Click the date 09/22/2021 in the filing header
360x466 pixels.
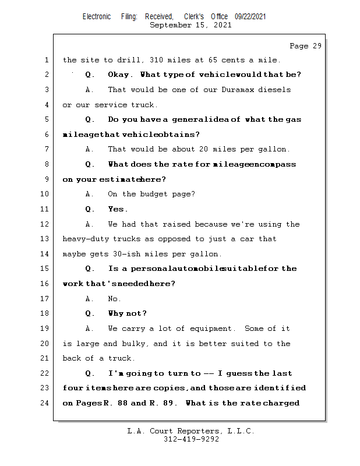(x=250, y=17)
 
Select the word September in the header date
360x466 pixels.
(x=170, y=25)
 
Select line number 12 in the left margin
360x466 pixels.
(x=45, y=224)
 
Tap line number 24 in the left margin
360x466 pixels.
(x=45, y=403)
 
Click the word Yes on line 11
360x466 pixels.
(x=118, y=209)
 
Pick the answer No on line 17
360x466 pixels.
(x=114, y=299)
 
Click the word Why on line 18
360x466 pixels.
(x=117, y=313)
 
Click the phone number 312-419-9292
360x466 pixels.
(x=191, y=440)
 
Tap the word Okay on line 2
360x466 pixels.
(x=120, y=75)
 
